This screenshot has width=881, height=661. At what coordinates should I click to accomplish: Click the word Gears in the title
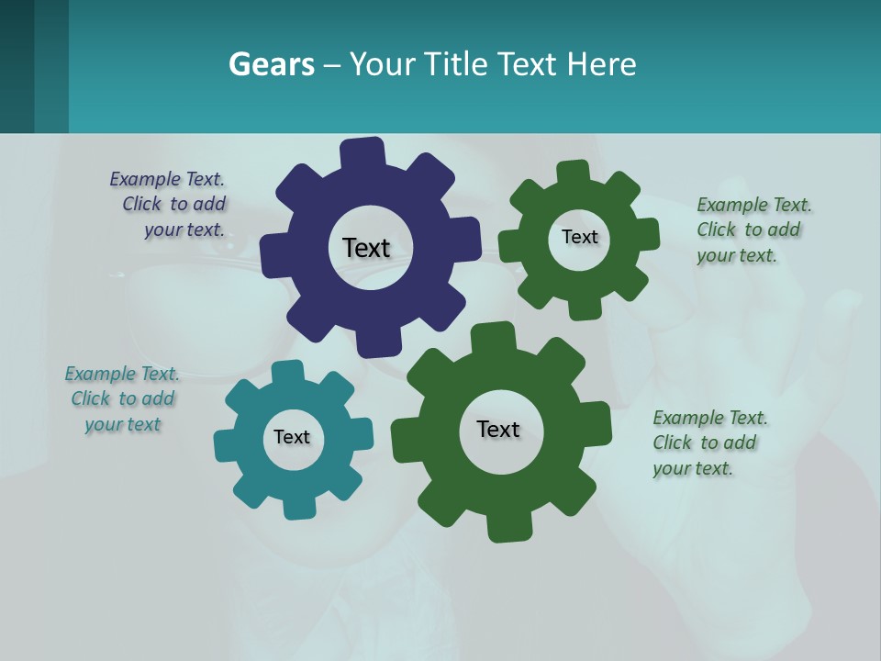(x=271, y=64)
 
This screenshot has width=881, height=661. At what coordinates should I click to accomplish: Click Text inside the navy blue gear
(x=366, y=248)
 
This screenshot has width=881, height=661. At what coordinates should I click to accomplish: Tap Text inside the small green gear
(x=579, y=237)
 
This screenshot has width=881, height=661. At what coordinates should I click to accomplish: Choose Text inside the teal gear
(x=292, y=437)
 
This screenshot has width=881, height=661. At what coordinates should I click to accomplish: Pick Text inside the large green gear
(x=498, y=429)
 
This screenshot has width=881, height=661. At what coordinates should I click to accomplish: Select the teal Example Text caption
(x=123, y=398)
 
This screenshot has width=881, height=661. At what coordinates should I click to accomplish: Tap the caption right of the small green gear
(x=753, y=230)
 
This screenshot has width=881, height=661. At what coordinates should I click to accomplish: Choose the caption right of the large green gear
(x=708, y=443)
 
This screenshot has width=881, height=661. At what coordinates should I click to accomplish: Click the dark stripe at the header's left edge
(x=17, y=66)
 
